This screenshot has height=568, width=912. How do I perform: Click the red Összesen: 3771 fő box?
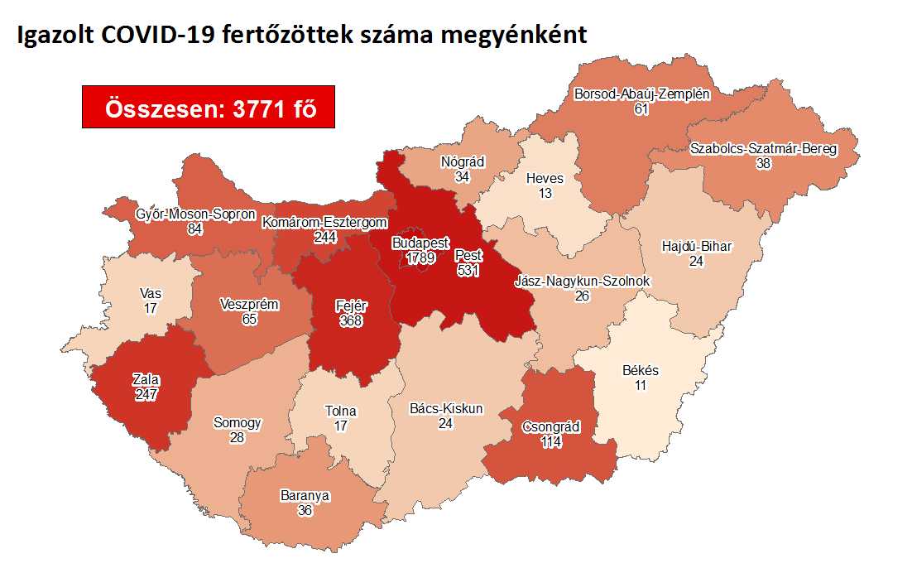pos(208,107)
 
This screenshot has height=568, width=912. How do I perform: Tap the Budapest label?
pos(420,244)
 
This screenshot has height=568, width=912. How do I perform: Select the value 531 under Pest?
pos(468,271)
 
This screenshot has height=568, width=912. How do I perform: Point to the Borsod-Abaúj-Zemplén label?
pos(641,94)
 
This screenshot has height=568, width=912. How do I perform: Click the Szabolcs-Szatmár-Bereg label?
pos(763,149)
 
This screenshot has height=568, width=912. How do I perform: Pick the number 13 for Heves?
pos(545,193)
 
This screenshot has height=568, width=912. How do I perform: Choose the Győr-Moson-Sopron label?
pos(195,214)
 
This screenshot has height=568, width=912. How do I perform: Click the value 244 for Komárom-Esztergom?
pos(324,237)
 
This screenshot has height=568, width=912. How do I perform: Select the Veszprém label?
pos(249,304)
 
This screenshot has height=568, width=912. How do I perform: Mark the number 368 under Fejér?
pos(351,320)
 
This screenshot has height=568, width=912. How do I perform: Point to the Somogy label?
pos(237,422)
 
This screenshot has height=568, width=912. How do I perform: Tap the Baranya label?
pos(305,496)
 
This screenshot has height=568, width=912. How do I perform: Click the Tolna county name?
pos(340,412)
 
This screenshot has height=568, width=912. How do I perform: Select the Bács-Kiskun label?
pos(446,408)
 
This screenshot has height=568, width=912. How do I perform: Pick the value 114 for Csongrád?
pos(551,442)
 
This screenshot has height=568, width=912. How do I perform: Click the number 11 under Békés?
pos(641,386)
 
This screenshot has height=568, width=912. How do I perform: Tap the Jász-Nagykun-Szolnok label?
pos(583,282)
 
